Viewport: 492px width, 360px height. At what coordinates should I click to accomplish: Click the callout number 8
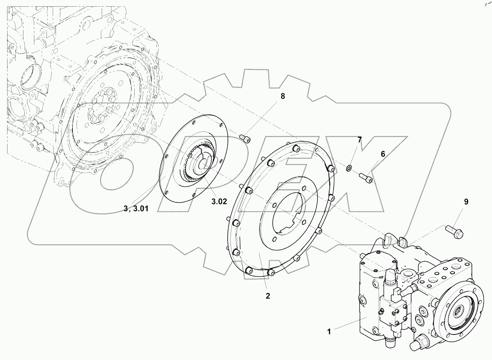(x=282, y=96)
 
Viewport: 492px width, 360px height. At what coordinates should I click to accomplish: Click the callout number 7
(x=359, y=139)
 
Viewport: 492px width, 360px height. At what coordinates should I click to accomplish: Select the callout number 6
(x=382, y=154)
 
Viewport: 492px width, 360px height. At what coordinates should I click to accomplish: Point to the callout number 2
(x=268, y=296)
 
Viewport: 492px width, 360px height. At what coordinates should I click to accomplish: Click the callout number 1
(x=329, y=332)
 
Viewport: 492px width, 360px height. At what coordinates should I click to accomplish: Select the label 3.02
(x=219, y=201)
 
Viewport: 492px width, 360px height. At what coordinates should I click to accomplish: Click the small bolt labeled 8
(x=245, y=138)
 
